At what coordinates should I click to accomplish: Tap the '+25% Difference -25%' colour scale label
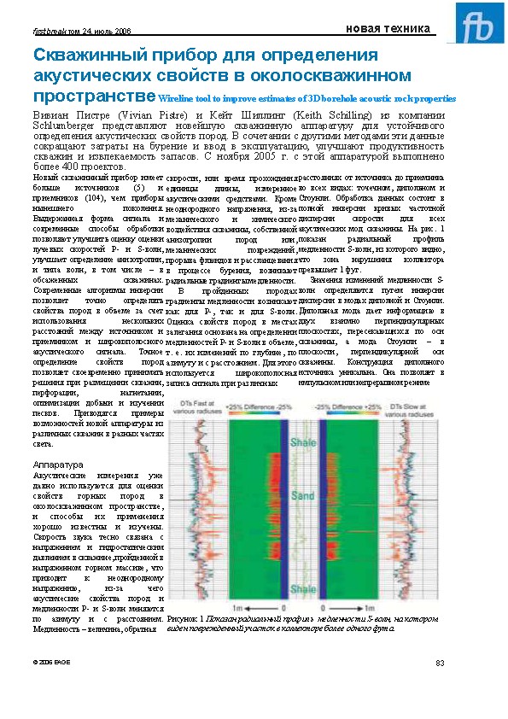pos(256,406)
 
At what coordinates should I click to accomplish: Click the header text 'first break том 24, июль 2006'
pos(81,31)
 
